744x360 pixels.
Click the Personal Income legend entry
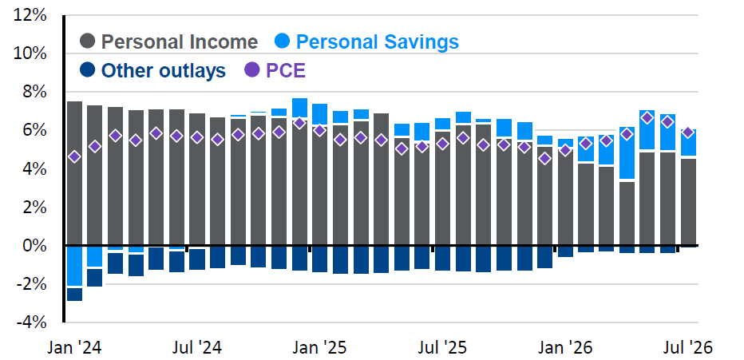[x=169, y=42]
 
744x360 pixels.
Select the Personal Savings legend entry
[x=366, y=42]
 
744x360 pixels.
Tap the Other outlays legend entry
[x=153, y=70]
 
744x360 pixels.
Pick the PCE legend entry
[x=275, y=70]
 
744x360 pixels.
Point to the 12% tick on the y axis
[x=30, y=16]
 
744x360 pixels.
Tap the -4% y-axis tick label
[x=32, y=323]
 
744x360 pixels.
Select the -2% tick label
[x=32, y=285]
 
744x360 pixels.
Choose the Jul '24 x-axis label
[x=196, y=348]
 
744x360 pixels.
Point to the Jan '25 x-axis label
[x=320, y=348]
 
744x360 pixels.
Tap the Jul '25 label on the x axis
[x=443, y=348]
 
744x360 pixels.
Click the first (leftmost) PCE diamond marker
[x=74, y=157]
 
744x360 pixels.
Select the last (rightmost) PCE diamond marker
[x=688, y=133]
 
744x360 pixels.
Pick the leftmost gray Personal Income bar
[x=74, y=173]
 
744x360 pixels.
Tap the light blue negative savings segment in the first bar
[x=74, y=267]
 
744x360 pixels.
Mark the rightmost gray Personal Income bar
[x=688, y=203]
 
